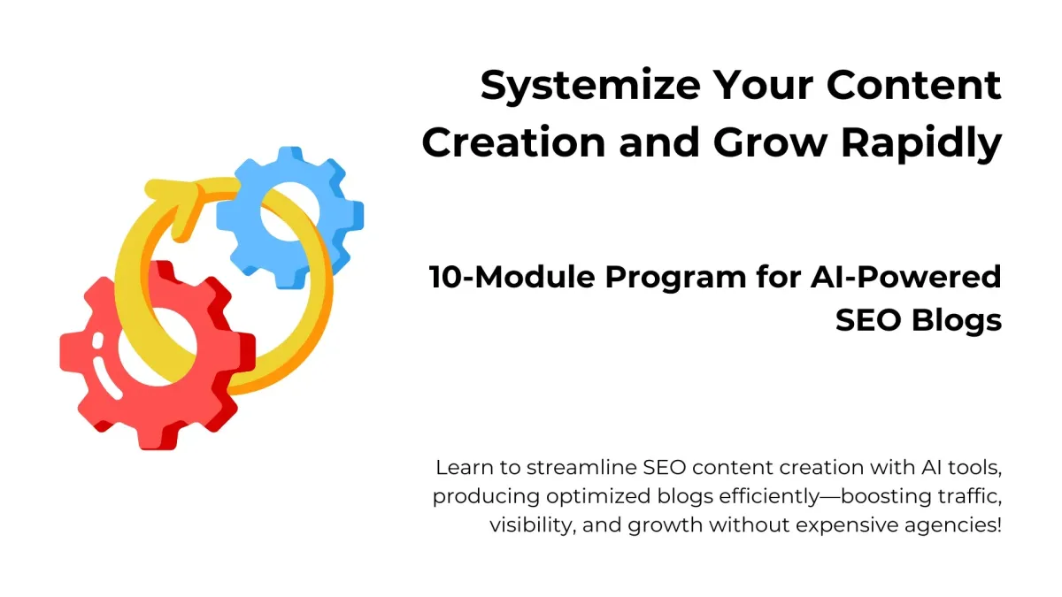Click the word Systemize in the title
pos(590,87)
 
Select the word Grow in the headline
pos(771,142)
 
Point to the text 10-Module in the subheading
pos(512,277)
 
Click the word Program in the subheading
pos(675,278)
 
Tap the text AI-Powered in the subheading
pos(905,277)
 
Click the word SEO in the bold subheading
pos(868,320)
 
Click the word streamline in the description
pos(581,468)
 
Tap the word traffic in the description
pos(970,496)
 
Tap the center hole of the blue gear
pos(289,211)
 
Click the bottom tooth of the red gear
pos(158,437)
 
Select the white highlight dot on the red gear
pos(97,341)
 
